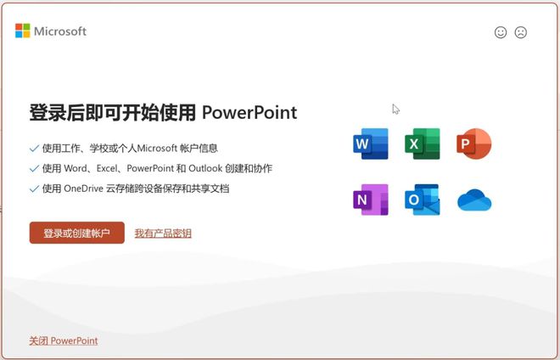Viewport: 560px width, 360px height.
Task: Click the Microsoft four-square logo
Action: click(23, 31)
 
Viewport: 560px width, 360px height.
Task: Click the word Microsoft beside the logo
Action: click(60, 31)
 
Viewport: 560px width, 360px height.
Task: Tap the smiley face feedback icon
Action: click(501, 32)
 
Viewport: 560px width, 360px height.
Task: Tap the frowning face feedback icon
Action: click(521, 32)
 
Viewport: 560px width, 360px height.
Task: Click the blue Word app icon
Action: click(370, 144)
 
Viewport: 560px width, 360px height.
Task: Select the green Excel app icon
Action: click(422, 144)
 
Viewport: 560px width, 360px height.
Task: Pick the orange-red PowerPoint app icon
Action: click(473, 144)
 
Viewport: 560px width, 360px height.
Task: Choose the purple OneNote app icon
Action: click(370, 200)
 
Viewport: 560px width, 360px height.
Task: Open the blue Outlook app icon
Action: click(422, 200)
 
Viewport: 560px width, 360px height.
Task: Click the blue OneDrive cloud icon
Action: click(474, 200)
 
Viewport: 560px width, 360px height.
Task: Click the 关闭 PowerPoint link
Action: click(63, 340)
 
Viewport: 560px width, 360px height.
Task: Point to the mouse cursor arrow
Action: click(395, 109)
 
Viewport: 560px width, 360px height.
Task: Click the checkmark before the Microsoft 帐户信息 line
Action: click(34, 148)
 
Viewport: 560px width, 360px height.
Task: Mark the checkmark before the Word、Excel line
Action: click(34, 168)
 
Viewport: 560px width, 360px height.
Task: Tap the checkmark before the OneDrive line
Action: click(34, 188)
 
